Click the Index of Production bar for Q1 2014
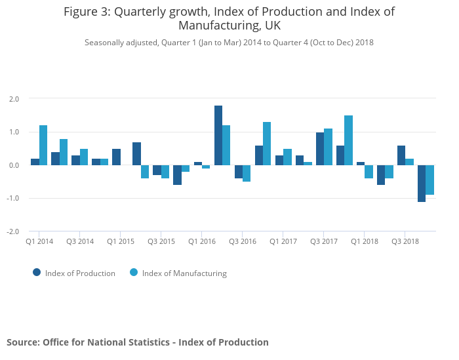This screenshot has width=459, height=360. point(35,162)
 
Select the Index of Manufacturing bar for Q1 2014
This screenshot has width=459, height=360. point(43,145)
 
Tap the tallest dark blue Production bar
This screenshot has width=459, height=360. point(218,135)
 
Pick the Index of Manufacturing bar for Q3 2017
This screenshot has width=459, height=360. point(328,147)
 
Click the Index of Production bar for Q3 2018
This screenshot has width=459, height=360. point(401,155)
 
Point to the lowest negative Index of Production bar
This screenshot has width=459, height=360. point(422,183)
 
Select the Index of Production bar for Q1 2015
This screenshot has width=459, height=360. point(116,157)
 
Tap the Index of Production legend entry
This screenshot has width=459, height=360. point(74,273)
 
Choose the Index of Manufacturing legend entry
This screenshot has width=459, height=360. point(178,273)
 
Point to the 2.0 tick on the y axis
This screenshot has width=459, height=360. point(14,99)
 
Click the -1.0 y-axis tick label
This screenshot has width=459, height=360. point(13,199)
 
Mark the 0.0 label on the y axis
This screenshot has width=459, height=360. point(14,165)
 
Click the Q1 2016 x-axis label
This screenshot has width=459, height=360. point(202,241)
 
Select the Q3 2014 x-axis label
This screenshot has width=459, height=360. point(80,241)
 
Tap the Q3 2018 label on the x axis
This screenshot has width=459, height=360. point(405,241)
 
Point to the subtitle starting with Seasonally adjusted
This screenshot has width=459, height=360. point(229,43)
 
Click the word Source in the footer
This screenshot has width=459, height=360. point(22,342)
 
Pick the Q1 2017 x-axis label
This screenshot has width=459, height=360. point(283,241)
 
